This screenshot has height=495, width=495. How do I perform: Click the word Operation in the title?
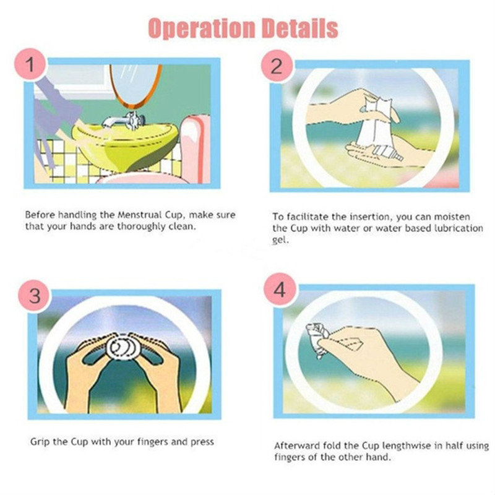201,28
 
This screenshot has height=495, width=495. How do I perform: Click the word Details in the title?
300,28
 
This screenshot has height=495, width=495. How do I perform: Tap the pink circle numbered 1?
30,64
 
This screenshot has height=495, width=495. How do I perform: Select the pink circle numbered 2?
277,67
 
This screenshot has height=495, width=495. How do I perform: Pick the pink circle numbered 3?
35,296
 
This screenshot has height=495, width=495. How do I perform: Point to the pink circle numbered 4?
280,290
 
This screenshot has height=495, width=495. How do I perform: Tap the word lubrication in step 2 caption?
458,228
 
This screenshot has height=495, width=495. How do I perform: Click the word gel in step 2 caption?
280,240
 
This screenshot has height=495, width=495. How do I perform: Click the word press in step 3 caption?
202,442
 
